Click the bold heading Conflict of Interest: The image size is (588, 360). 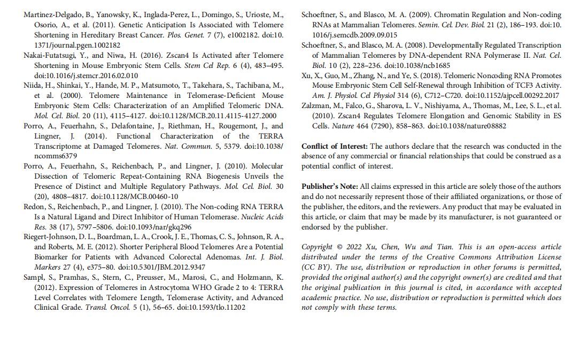pos(335,146)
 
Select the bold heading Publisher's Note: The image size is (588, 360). pos(330,187)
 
